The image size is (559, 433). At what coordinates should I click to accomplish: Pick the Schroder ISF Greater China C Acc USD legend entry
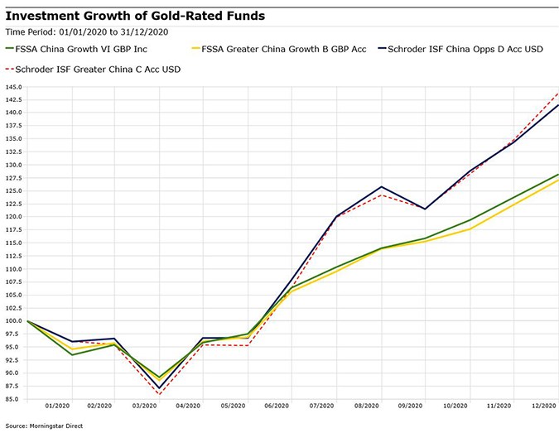click(98, 69)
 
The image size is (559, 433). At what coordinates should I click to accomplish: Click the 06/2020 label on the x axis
click(277, 407)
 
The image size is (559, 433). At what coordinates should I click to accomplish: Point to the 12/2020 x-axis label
click(542, 407)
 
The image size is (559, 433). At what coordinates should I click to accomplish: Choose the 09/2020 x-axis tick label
click(410, 407)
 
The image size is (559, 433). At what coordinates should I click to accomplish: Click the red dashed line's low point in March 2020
click(159, 394)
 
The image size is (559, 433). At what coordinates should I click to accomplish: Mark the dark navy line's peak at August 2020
click(381, 186)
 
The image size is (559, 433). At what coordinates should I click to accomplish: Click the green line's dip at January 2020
click(72, 355)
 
